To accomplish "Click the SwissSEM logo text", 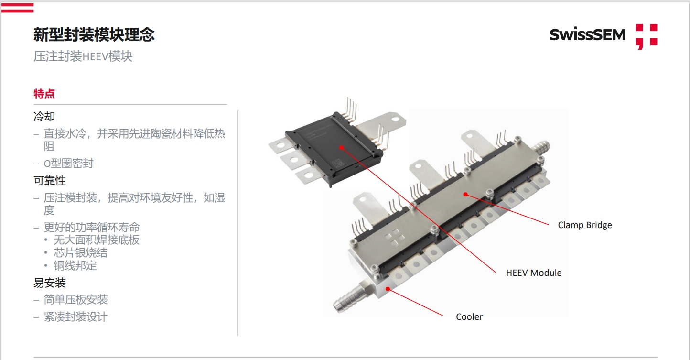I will click(x=587, y=34).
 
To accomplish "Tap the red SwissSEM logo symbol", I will click(x=647, y=36).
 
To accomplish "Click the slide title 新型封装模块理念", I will click(x=94, y=34).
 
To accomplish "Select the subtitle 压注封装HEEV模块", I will click(x=83, y=56).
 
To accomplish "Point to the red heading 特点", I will click(x=44, y=94).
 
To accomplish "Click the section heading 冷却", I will click(x=44, y=116).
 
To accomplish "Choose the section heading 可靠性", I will click(x=50, y=181).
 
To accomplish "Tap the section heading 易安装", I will click(x=50, y=283).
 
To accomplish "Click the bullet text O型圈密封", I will click(x=68, y=164).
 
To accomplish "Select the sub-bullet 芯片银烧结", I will click(x=80, y=253).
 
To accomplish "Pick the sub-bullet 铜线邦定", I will click(x=75, y=266).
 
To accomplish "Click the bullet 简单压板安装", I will click(x=75, y=300).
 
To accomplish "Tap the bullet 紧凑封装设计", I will click(x=75, y=317).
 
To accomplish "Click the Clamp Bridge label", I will click(x=584, y=225).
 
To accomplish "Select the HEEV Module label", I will click(x=534, y=273).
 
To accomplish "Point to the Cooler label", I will click(x=469, y=317).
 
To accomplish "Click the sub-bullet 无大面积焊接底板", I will click(x=97, y=240).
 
